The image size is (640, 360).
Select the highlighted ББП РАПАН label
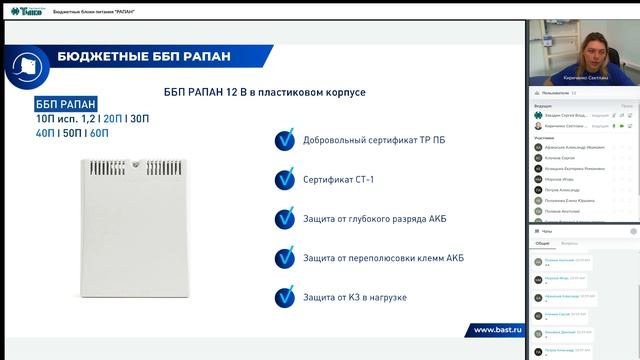click(66, 103)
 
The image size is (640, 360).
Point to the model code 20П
click(113, 118)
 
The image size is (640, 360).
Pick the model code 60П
click(99, 132)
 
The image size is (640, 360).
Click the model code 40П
click(45, 132)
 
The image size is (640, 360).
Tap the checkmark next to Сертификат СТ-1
click(284, 179)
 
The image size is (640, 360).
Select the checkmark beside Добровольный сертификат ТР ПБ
click(284, 140)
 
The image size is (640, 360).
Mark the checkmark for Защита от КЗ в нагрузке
click(284, 297)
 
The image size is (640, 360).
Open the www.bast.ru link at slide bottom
click(498, 330)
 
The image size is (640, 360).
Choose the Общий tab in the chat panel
click(542, 243)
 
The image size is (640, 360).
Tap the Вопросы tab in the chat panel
click(568, 243)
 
